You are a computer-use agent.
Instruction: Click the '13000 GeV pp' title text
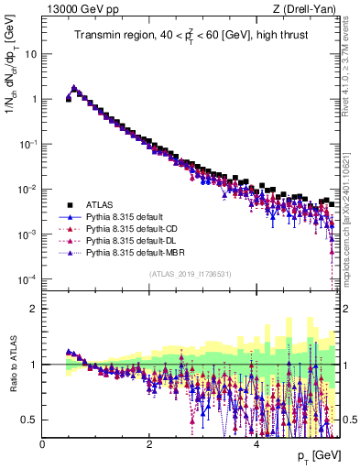point(77,9)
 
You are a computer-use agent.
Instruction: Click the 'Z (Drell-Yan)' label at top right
point(308,9)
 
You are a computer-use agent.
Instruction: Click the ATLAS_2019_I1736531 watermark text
point(190,274)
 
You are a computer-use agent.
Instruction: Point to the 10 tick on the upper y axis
point(32,53)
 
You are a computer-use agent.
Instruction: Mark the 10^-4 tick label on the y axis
point(28,279)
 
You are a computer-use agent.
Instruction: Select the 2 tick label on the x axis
point(148,443)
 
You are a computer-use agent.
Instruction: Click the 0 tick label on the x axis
point(42,443)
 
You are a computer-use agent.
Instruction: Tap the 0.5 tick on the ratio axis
point(30,420)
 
